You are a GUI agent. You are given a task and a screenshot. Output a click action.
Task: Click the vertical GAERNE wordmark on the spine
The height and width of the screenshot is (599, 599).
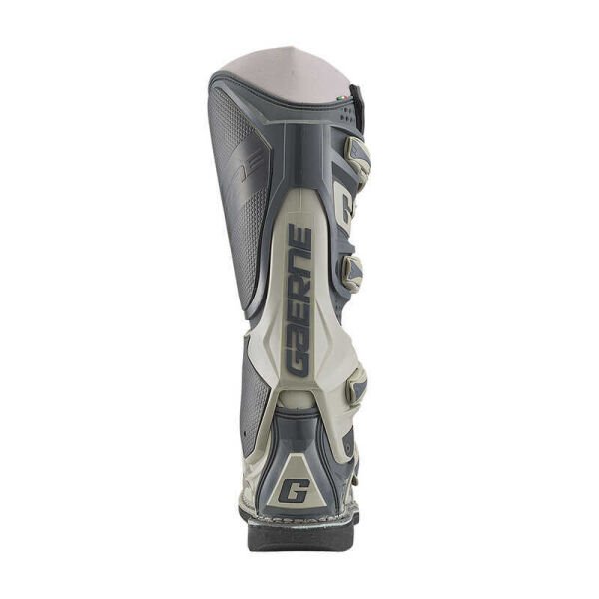(x=299, y=299)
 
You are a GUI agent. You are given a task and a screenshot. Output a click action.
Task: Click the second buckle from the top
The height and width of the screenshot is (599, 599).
(x=352, y=271)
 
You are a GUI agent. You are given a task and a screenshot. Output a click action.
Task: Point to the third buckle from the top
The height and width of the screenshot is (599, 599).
(x=355, y=383)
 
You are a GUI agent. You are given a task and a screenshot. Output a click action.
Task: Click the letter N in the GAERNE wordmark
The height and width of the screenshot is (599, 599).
(x=299, y=262)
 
